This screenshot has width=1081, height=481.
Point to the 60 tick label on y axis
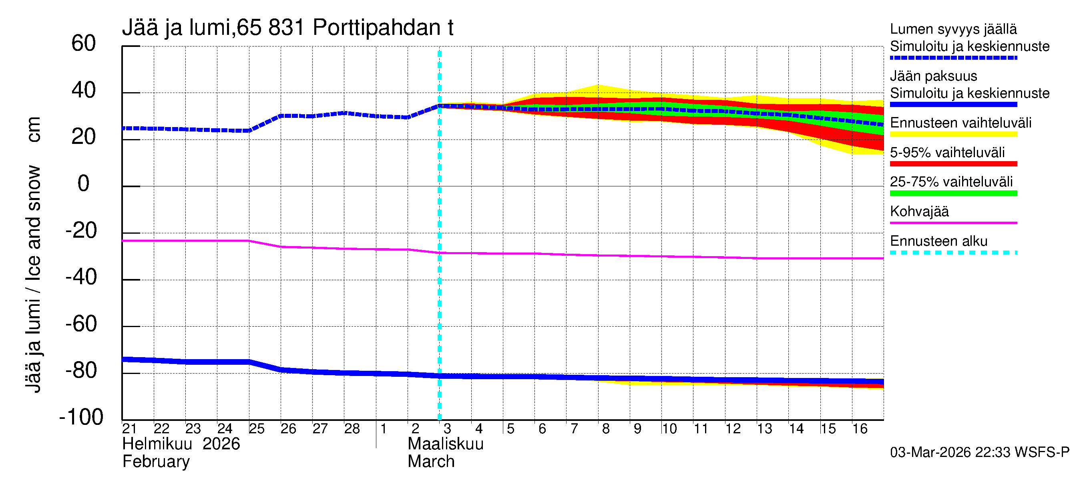tap(84, 44)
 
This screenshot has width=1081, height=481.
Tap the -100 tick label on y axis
tap(81, 417)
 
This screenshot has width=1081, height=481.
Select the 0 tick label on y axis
tap(84, 184)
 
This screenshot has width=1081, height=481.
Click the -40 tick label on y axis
tap(81, 277)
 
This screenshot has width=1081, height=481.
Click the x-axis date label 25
tap(256, 428)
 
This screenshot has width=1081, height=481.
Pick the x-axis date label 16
tap(860, 428)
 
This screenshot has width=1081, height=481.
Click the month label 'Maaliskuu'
tap(446, 444)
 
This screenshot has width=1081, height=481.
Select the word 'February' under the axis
tap(156, 462)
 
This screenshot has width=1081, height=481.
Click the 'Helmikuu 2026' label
tap(181, 444)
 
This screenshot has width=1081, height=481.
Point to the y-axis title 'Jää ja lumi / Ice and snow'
tap(33, 255)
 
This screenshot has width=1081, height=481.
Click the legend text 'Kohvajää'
tap(919, 211)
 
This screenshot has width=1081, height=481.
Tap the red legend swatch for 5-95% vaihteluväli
tap(953, 164)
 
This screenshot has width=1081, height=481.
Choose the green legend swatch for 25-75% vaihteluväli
tap(953, 193)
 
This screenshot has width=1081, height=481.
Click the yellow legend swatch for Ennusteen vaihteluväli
tap(953, 134)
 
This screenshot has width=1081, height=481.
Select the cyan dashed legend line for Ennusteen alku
tap(953, 253)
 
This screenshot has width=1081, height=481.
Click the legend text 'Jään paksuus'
tap(933, 76)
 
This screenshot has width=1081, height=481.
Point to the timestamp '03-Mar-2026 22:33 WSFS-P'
tap(979, 453)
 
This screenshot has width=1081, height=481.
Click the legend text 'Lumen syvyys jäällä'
tap(953, 29)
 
